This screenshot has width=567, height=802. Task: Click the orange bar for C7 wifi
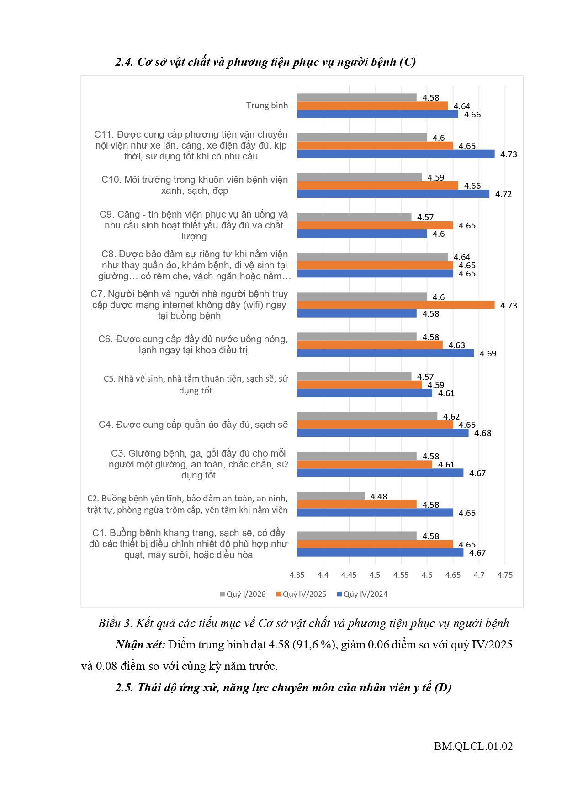396,305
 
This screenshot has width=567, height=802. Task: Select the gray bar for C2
331,496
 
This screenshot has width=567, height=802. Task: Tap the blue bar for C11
396,154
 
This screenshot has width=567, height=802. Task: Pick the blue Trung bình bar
377,114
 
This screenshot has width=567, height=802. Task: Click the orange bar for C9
375,225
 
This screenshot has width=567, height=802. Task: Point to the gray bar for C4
367,416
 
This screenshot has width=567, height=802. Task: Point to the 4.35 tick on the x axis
297,575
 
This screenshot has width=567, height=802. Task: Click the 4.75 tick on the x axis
505,575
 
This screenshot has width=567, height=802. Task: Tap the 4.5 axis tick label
375,575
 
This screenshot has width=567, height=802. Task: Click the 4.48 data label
379,496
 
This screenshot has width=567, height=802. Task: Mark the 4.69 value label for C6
488,354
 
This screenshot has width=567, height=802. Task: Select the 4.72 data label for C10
503,194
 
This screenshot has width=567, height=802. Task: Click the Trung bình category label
267,106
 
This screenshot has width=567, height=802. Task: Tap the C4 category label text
193,425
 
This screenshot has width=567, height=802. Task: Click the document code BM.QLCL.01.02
473,746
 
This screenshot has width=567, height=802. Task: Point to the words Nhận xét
140,645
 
